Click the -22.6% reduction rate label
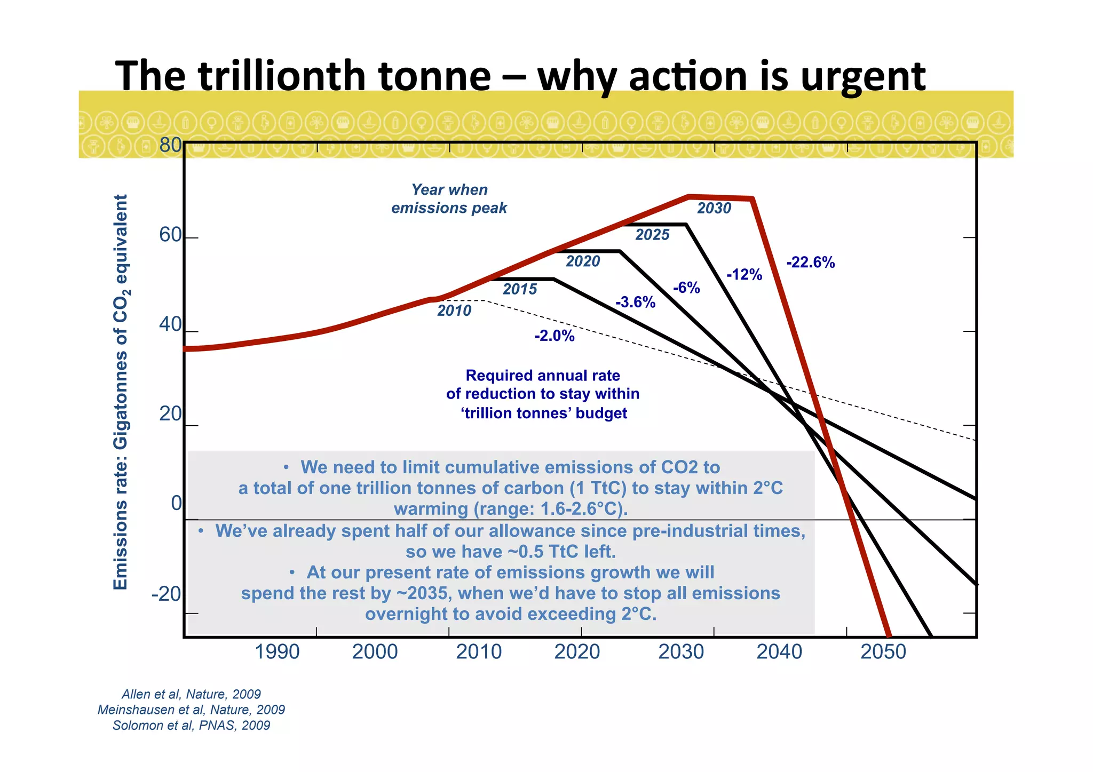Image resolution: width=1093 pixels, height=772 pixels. tap(810, 262)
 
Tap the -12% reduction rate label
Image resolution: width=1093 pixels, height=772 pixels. tap(744, 275)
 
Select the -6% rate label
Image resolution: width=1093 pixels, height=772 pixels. tap(686, 288)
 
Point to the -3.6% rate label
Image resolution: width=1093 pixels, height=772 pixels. tap(635, 303)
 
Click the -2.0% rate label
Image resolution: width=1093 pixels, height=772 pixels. tap(555, 336)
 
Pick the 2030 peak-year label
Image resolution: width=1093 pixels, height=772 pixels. tap(714, 209)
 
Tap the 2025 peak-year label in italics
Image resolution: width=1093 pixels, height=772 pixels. tap(652, 235)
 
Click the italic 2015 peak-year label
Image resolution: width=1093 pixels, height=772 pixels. tap(520, 289)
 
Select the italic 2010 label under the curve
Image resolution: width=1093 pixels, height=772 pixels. tap(454, 311)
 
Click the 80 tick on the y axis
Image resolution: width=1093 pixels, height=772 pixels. tap(170, 145)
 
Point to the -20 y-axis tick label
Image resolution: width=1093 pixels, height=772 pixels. tap(167, 594)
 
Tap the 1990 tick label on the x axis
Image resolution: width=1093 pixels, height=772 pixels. tap(277, 652)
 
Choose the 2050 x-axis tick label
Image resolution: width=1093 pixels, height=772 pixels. tap(883, 652)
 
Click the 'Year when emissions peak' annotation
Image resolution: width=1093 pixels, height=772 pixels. tap(449, 199)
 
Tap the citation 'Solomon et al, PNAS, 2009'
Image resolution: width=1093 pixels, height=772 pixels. tap(191, 726)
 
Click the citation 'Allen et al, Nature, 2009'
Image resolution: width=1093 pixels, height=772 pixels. tap(191, 695)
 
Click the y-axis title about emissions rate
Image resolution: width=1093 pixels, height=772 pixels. tap(121, 392)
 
